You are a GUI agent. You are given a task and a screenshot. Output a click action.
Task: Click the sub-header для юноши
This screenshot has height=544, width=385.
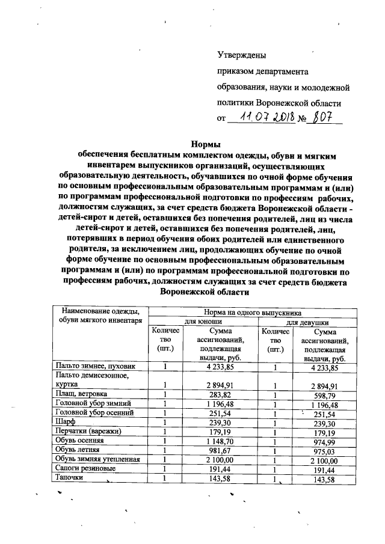pyautogui.click(x=201, y=322)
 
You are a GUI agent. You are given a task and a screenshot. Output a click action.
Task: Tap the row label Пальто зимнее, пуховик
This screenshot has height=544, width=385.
pyautogui.click(x=91, y=366)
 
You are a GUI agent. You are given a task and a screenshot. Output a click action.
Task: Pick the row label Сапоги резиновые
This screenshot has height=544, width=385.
pyautogui.click(x=84, y=469)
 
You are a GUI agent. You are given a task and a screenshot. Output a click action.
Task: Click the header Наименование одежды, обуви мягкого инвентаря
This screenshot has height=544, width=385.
pyautogui.click(x=100, y=316)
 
